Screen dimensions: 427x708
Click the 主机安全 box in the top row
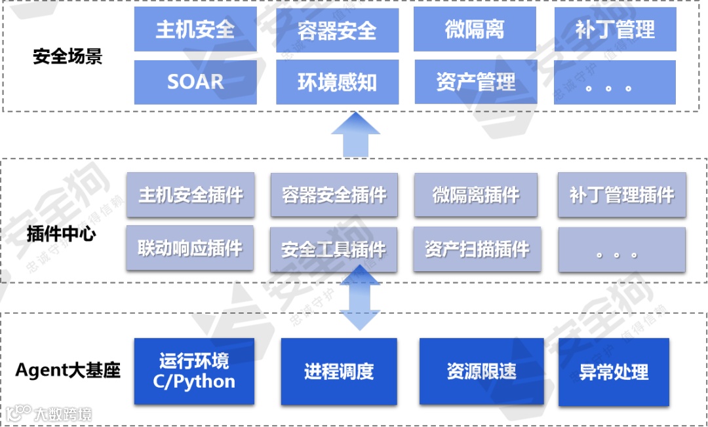[x=195, y=29]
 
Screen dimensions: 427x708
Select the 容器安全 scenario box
[x=337, y=30]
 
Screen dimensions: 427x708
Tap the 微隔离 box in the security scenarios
[x=475, y=29]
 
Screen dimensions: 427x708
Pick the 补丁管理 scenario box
[x=615, y=29]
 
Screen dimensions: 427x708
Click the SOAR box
[x=195, y=82]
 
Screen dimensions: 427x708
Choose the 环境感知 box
[x=337, y=82]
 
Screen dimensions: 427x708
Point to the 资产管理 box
[x=475, y=82]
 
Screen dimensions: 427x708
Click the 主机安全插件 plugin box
[x=190, y=195]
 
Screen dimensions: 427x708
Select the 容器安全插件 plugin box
[x=334, y=195]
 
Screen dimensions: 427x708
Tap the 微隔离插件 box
[x=475, y=195]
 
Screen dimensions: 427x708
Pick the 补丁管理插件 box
[x=621, y=195]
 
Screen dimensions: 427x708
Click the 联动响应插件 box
[x=190, y=248]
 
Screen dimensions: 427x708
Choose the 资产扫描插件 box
[x=477, y=249]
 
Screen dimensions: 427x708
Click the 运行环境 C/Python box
[x=194, y=371]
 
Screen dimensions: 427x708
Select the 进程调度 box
[x=339, y=371]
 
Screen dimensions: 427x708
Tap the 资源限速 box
[x=482, y=371]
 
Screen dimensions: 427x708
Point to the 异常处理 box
[x=614, y=372]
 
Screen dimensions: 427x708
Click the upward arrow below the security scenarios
[x=355, y=134]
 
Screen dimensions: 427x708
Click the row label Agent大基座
[x=68, y=371]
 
